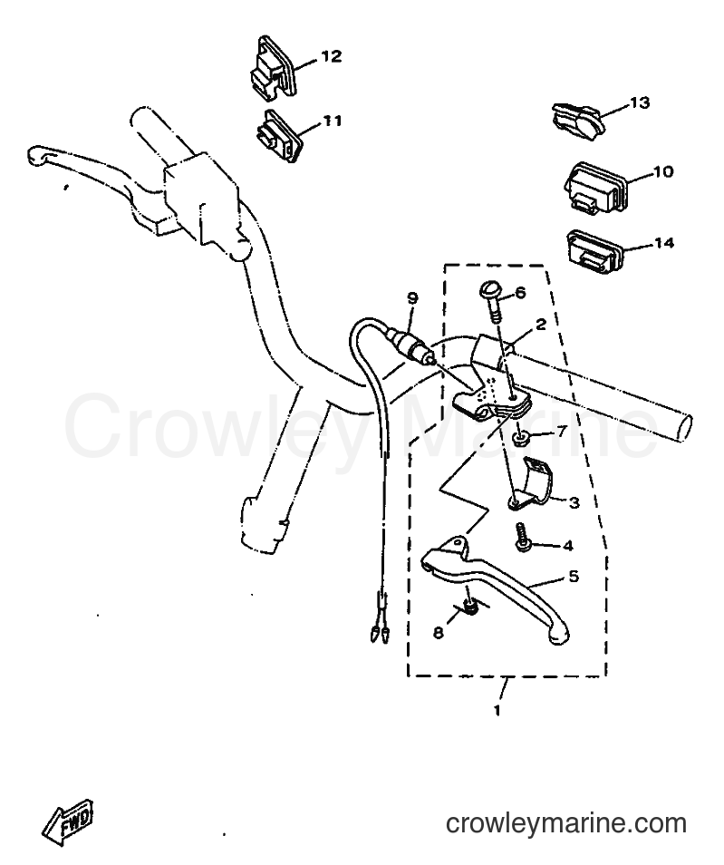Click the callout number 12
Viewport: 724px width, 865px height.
pos(332,56)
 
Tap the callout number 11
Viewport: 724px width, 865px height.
pos(333,121)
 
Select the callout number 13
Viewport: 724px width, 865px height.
pos(640,102)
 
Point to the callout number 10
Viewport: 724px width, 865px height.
pos(663,171)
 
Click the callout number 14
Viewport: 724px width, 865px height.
pos(663,243)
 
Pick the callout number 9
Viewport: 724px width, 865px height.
pos(412,298)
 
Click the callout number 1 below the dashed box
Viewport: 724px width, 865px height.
pos(497,711)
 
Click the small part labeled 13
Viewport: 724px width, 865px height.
pos(578,121)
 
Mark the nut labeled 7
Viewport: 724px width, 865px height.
pos(519,439)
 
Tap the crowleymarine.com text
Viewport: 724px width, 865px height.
pos(565,824)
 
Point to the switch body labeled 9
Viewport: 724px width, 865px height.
pos(410,345)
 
